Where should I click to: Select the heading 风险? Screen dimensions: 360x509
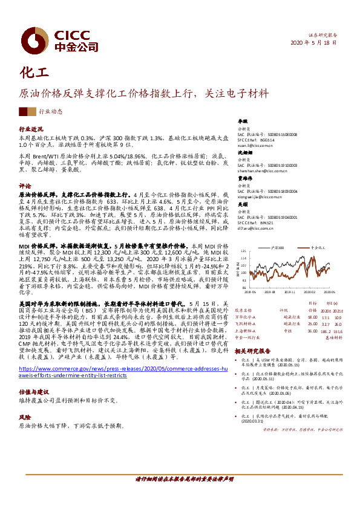click(x=24, y=417)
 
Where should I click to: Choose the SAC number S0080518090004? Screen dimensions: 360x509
click(x=272, y=190)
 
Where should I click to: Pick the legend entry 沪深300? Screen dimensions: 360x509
click(x=278, y=248)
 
